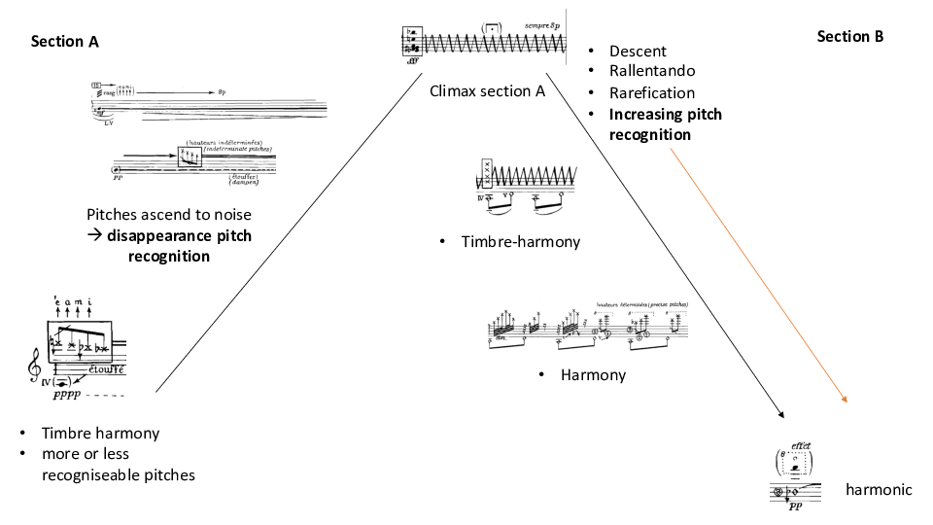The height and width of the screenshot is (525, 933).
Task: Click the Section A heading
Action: pos(65,42)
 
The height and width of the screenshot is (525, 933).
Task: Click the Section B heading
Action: pos(850,36)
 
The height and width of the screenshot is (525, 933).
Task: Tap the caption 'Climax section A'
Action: pos(487,91)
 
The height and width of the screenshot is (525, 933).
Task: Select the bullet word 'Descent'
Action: pos(638,51)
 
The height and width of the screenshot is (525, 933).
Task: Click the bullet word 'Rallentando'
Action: pos(652,71)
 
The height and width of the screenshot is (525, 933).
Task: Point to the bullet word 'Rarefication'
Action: pos(652,92)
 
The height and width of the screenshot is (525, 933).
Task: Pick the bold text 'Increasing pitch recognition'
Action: pos(665,124)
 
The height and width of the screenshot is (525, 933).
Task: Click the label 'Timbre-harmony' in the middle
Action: pos(521,241)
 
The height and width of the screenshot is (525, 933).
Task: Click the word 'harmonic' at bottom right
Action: pos(879,489)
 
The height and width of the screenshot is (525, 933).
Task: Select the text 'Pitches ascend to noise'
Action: pos(168,214)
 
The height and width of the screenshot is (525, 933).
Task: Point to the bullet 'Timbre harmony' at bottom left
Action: pos(101,434)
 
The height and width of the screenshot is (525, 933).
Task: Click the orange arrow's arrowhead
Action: pos(846,399)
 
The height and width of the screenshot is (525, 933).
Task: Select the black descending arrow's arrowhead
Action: pos(783,418)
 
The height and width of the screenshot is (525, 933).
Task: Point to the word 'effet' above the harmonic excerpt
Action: pos(802,445)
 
